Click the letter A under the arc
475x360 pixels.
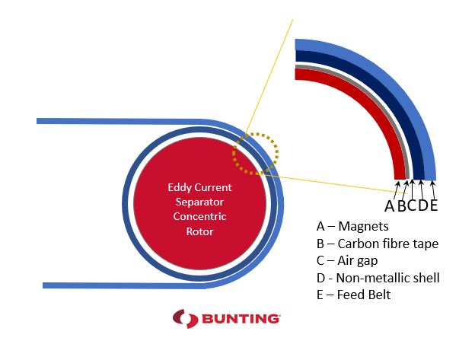pyautogui.click(x=390, y=206)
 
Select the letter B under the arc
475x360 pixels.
pyautogui.click(x=401, y=206)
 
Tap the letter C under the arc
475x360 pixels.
pyautogui.click(x=412, y=205)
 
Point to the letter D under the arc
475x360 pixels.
pyautogui.click(x=423, y=205)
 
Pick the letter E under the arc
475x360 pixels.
pyautogui.click(x=433, y=205)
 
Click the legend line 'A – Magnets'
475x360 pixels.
pyautogui.click(x=352, y=226)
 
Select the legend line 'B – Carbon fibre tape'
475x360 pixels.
pyautogui.click(x=378, y=244)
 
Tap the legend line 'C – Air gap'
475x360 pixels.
pyautogui.click(x=347, y=261)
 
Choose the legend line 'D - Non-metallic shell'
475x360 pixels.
pyautogui.click(x=378, y=278)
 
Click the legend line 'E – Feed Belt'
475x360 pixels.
pyautogui.click(x=353, y=295)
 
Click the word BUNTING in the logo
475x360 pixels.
pyautogui.click(x=241, y=318)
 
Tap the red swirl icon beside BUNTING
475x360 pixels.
pyautogui.click(x=186, y=318)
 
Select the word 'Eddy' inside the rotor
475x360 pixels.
pyautogui.click(x=179, y=188)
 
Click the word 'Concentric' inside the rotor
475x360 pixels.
pyautogui.click(x=199, y=216)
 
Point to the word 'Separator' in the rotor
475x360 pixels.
pyautogui.click(x=199, y=202)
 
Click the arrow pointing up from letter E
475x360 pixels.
pyautogui.click(x=433, y=190)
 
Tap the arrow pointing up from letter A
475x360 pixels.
pyautogui.click(x=397, y=190)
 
